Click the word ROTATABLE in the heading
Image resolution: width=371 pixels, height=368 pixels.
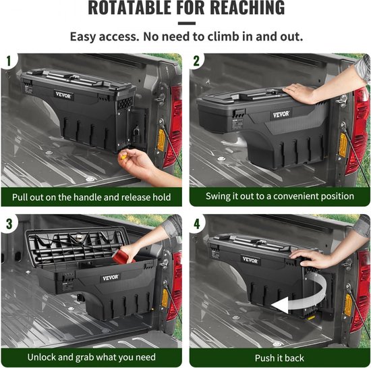tap(130, 7)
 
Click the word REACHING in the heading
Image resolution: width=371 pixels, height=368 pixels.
tap(248, 7)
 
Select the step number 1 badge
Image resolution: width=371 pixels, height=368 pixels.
tap(9, 61)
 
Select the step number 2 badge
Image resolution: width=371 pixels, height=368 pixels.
tap(196, 61)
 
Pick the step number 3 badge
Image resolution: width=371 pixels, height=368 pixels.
tap(9, 224)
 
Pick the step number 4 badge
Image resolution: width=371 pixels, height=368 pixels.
tap(197, 224)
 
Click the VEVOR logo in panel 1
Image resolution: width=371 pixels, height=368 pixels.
tap(63, 95)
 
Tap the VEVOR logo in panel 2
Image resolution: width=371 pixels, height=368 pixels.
tap(281, 115)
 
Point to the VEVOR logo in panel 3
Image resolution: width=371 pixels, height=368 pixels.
tap(110, 278)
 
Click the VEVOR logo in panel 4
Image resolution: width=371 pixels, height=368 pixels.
tap(250, 260)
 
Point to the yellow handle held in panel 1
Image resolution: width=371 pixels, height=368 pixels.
tap(123, 157)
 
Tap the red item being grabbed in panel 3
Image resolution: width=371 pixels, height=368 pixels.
tap(123, 255)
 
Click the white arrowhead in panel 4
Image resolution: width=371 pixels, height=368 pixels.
tap(280, 305)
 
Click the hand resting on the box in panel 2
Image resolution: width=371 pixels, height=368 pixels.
tap(299, 94)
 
